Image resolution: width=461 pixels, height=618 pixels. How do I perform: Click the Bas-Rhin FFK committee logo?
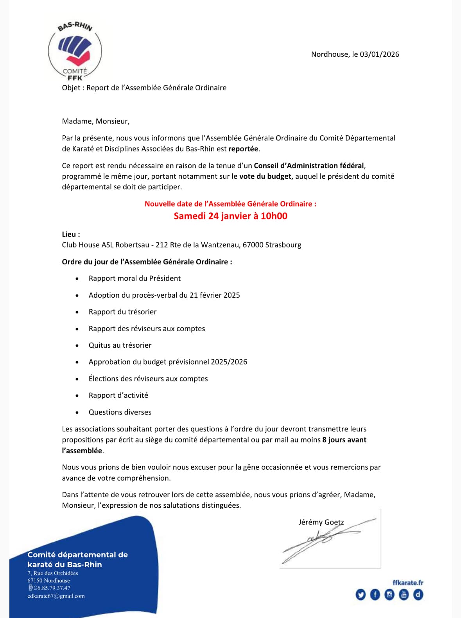pos(75,51)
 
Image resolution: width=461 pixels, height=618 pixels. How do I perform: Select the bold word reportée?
pos(244,149)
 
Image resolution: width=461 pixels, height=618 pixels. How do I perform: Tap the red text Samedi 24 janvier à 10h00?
pos(230,216)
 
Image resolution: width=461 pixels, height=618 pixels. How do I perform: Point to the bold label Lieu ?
pos(71,234)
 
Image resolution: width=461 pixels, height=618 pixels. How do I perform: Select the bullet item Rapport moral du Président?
pos(135,278)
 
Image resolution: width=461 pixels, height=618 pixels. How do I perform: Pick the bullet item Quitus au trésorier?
pos(120,345)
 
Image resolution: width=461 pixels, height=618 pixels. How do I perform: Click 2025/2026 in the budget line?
pos(229,362)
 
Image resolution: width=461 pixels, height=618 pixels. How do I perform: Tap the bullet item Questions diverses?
pos(120,412)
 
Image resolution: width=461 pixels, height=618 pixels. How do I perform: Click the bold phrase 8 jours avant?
pos(344,440)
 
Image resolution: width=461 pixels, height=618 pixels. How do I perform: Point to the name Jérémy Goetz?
pos(321,522)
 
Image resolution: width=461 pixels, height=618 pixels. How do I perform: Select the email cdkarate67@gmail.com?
pos(56,596)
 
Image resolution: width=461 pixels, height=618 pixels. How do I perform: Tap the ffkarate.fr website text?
pos(408,583)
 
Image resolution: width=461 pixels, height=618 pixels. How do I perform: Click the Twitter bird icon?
pos(361,595)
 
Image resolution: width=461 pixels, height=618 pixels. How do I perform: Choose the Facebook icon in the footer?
pos(375,595)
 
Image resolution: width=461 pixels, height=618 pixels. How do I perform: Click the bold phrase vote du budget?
pos(265,176)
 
